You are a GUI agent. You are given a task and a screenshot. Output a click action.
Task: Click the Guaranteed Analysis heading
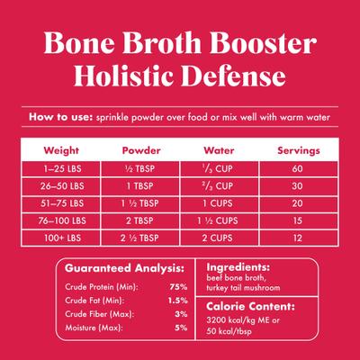[121, 267]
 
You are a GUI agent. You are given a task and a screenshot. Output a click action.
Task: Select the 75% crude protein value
[177, 285]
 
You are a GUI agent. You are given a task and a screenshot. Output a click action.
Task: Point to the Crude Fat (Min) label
[95, 300]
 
